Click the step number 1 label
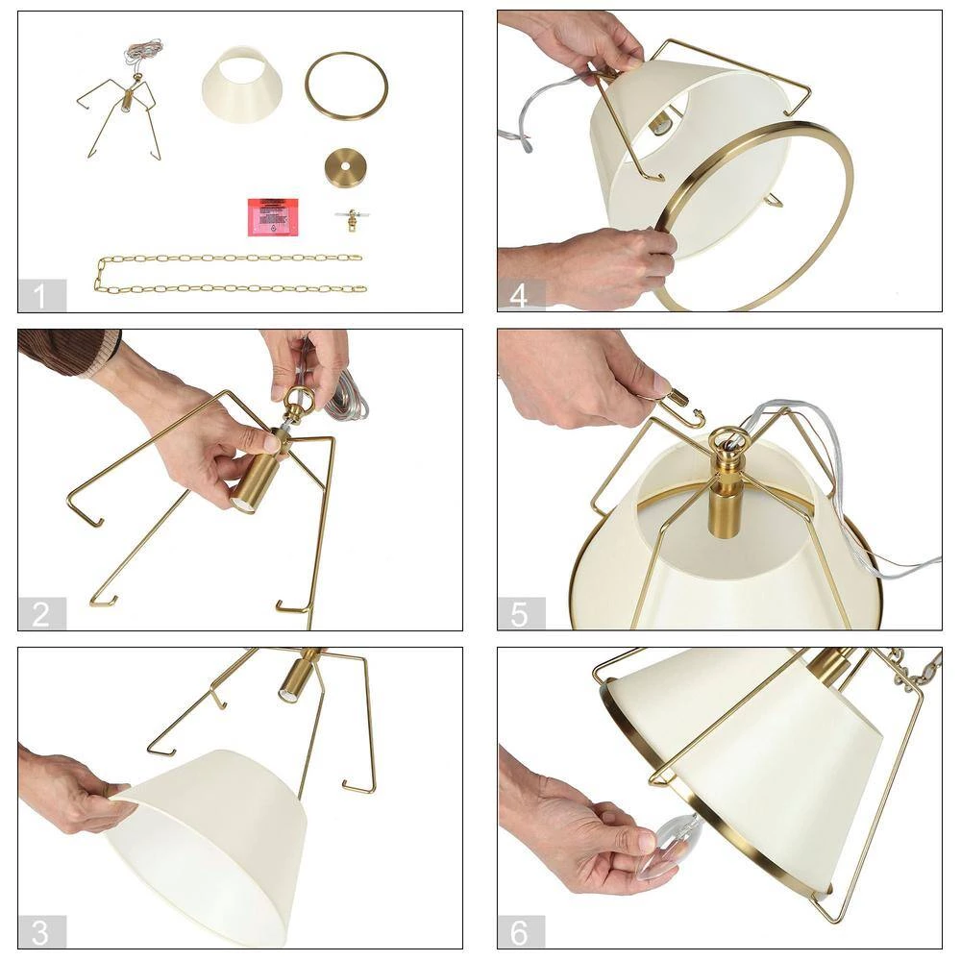point(40,296)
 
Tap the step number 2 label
point(40,614)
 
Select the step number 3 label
point(40,931)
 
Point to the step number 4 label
point(520,296)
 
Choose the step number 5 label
point(520,614)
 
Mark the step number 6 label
point(520,931)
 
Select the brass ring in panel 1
point(347,86)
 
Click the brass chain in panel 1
point(231,273)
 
